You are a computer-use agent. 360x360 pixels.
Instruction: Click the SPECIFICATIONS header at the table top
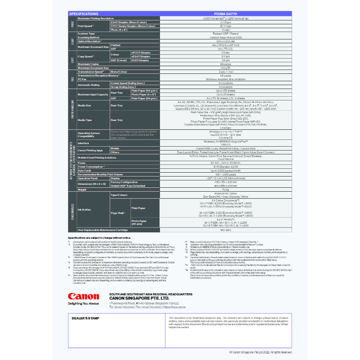point(84,14)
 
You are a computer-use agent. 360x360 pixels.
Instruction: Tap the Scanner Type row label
point(86,34)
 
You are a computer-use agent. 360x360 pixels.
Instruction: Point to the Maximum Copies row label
point(88,64)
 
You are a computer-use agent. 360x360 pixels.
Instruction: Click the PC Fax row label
point(82,79)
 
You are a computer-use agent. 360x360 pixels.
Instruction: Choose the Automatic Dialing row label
point(88,85)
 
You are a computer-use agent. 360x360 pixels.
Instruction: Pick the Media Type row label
point(84,120)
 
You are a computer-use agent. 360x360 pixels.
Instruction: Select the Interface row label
point(83,143)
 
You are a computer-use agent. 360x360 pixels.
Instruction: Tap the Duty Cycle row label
point(84,171)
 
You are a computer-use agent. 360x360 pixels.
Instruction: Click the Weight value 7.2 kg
point(226,190)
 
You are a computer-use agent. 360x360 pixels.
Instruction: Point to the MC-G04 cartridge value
point(226,230)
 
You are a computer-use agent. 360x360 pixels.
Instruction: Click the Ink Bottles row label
point(84,210)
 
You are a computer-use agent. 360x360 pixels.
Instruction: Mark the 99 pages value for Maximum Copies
point(226,64)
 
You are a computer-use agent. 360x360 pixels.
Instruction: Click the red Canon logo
point(83,296)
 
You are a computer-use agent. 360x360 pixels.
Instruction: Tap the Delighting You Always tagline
point(83,303)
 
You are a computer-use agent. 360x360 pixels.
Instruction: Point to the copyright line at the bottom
point(261,352)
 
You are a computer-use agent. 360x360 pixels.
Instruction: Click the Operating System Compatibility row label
point(89,135)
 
